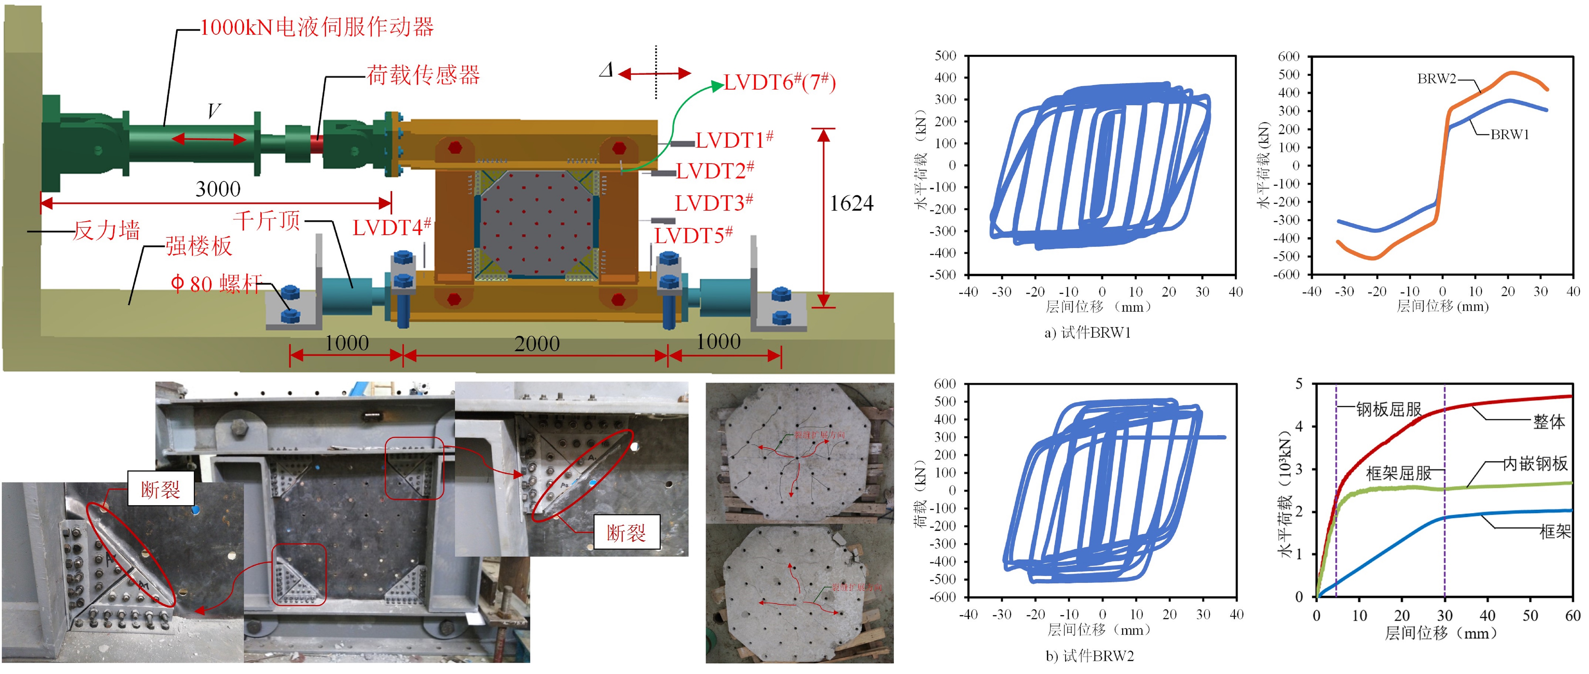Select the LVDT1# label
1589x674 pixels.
click(734, 140)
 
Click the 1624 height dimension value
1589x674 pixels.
click(851, 204)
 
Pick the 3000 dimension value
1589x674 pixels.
click(218, 189)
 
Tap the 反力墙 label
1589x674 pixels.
click(107, 231)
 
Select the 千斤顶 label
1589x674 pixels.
click(266, 220)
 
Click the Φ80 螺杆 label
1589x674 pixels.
click(216, 284)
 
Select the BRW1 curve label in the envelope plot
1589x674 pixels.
click(1510, 135)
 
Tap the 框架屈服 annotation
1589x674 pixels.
click(1398, 473)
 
